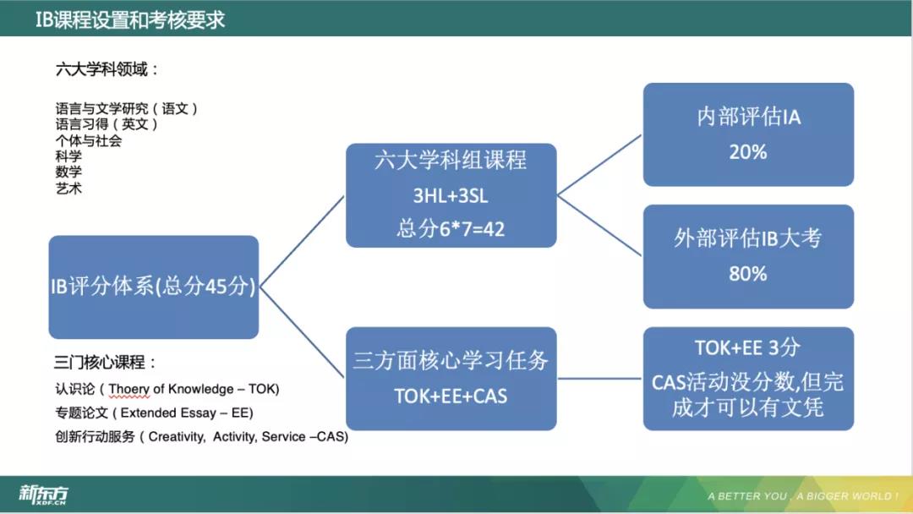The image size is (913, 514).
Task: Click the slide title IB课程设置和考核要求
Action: click(130, 19)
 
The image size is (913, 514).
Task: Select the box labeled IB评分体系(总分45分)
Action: click(153, 287)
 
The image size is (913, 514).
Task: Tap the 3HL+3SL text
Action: click(451, 195)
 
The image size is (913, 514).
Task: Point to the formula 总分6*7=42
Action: click(451, 228)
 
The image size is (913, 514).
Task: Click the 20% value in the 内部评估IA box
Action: click(747, 152)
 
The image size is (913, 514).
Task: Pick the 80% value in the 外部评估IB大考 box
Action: click(747, 274)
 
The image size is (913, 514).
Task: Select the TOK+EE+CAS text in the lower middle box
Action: click(451, 396)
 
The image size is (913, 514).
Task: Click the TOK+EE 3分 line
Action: click(747, 347)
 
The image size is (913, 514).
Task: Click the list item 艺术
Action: click(68, 189)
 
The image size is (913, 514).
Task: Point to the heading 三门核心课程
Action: click(105, 364)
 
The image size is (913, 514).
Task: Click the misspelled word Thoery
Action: click(129, 389)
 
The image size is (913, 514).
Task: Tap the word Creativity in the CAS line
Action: click(176, 437)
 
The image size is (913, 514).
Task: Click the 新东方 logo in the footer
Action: click(43, 495)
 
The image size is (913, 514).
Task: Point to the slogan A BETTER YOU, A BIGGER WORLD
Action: click(802, 496)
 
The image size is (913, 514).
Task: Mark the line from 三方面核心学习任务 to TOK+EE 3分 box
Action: click(599, 378)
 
